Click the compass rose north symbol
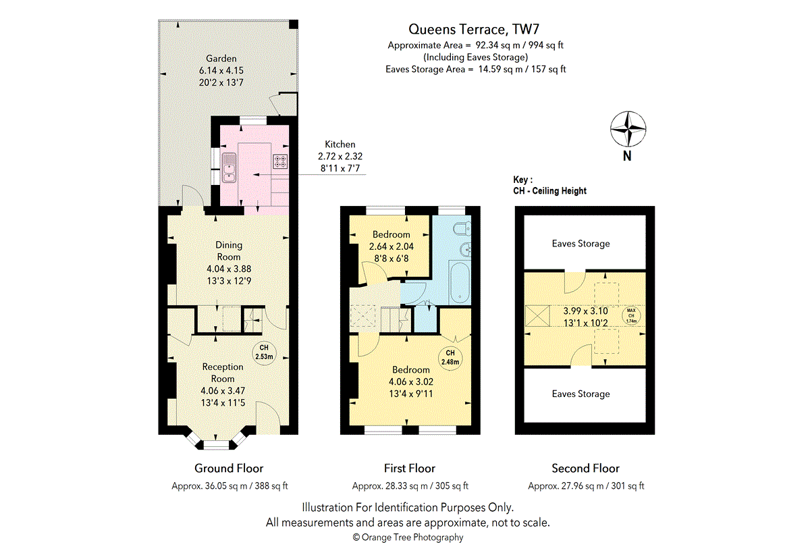[628, 129]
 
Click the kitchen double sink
[230, 168]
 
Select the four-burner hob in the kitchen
[279, 161]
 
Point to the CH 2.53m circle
[264, 352]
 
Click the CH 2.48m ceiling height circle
[450, 358]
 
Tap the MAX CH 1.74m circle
[632, 315]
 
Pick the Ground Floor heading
[229, 468]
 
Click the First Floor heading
[410, 468]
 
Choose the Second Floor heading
[585, 468]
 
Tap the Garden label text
[221, 59]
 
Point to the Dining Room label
[229, 251]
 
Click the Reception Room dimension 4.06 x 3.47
[223, 390]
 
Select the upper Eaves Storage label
[580, 244]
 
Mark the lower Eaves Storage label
[580, 394]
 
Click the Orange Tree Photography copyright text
[408, 537]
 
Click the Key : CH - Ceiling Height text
[549, 186]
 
